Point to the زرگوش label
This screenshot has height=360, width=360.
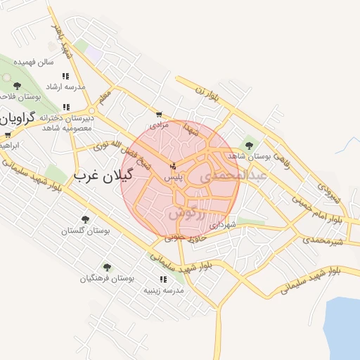[x=187, y=212]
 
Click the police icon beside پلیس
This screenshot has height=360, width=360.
[x=173, y=167]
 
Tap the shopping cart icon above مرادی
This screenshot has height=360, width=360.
[x=160, y=114]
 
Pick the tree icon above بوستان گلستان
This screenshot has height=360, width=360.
[x=85, y=220]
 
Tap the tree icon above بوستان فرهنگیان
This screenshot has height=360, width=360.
[x=106, y=267]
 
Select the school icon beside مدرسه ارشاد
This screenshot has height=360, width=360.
[x=65, y=76]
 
